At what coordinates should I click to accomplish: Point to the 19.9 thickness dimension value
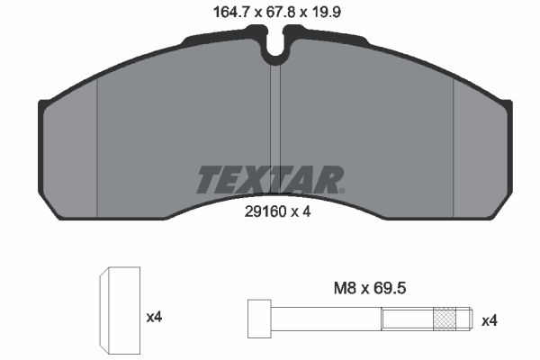coord(325,13)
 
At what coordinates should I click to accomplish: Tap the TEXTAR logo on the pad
coord(270,179)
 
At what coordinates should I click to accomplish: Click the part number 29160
coord(265,211)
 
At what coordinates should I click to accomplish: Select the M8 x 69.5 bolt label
coord(370,288)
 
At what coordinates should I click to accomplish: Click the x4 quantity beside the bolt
coord(490,321)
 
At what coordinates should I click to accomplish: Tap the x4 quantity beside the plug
coord(154,317)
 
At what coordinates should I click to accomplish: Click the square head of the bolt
coord(259,319)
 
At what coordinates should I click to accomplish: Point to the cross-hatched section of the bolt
coord(445,319)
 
